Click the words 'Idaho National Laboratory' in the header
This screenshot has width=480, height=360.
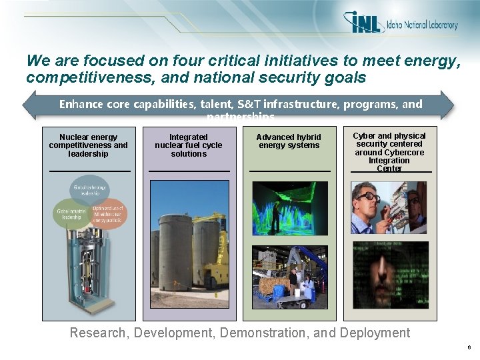tap(422, 25)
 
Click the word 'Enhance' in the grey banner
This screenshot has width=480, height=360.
tap(79, 104)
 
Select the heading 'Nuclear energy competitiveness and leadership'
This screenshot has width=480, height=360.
tap(88, 145)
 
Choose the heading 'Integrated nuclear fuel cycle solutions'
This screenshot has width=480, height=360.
tap(189, 145)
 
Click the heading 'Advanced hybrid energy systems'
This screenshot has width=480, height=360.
tap(289, 141)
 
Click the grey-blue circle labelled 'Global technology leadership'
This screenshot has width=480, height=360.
tap(89, 191)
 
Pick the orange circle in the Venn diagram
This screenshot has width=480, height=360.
tap(107, 213)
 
